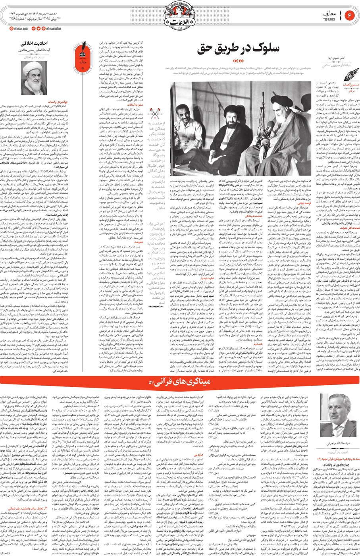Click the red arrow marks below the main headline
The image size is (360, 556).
(238, 60)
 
